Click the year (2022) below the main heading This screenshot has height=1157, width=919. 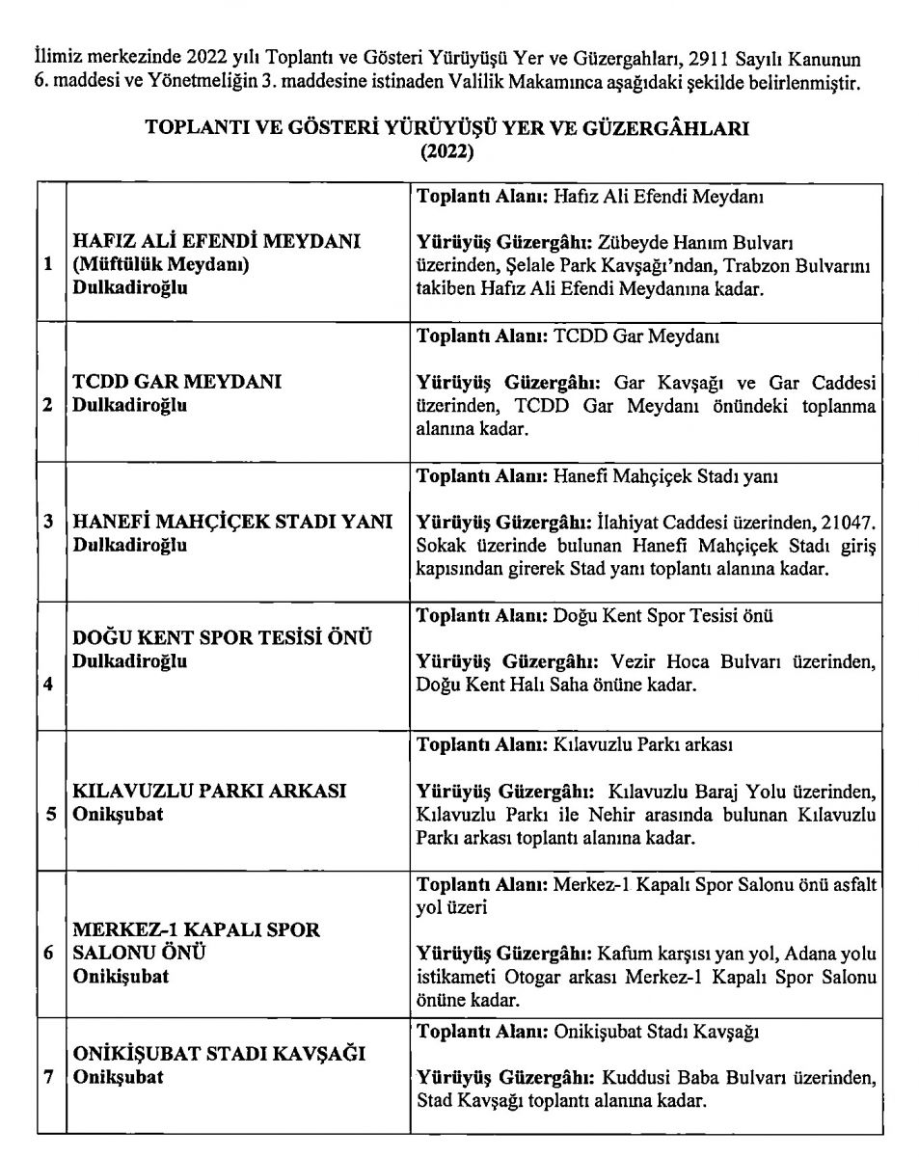pos(446,150)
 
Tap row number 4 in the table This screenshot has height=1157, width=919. pos(48,686)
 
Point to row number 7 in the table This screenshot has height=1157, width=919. pos(48,1076)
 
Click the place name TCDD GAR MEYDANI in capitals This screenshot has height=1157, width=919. pos(177,382)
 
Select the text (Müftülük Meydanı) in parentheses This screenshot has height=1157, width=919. pos(161,265)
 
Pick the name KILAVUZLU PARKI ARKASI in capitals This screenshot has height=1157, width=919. pos(209,791)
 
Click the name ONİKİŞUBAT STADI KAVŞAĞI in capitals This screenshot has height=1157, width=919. pos(219,1053)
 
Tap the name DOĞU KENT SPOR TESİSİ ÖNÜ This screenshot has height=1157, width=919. pos(223,638)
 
